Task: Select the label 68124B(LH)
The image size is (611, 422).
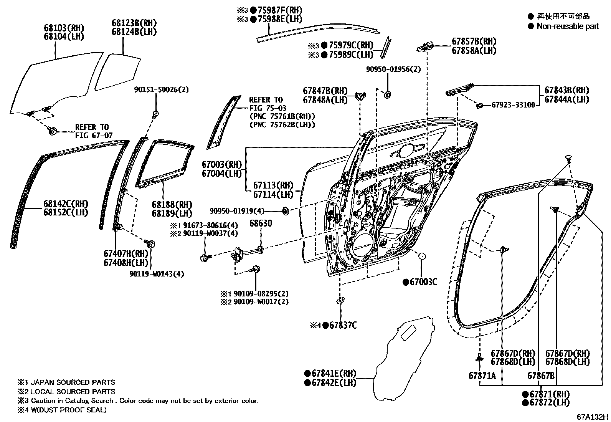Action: pyautogui.click(x=134, y=31)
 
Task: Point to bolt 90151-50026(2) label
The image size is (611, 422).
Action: pyautogui.click(x=161, y=89)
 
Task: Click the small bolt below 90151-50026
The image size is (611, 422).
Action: pyautogui.click(x=156, y=113)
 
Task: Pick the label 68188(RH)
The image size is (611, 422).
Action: pyautogui.click(x=172, y=205)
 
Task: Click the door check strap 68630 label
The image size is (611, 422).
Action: pyautogui.click(x=261, y=223)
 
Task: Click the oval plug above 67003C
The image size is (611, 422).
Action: pyautogui.click(x=421, y=256)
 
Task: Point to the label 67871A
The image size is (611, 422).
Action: pyautogui.click(x=482, y=376)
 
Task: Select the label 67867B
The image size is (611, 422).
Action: pyautogui.click(x=540, y=376)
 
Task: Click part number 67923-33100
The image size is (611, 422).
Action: pyautogui.click(x=513, y=105)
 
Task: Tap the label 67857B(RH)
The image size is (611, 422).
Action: pyautogui.click(x=474, y=41)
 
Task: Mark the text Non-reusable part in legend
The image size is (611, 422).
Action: pyautogui.click(x=568, y=26)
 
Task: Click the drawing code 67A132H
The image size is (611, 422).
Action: pyautogui.click(x=592, y=417)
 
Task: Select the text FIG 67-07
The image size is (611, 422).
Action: pyautogui.click(x=92, y=135)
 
